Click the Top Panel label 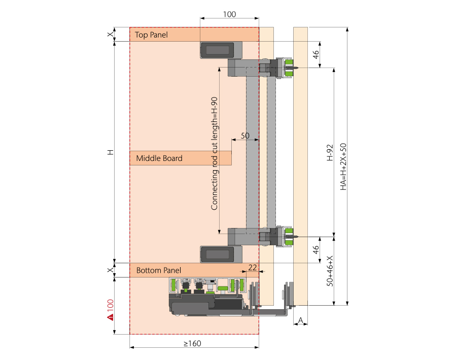click(151, 35)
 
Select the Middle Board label click(159, 158)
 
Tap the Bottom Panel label click(159, 270)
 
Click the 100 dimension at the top click(229, 14)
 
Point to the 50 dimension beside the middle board click(244, 136)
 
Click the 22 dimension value click(253, 267)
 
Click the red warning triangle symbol click(109, 318)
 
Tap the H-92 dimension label click(329, 152)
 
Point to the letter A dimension click(300, 320)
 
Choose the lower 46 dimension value click(316, 250)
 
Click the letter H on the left click(110, 152)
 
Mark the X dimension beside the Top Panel click(110, 34)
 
